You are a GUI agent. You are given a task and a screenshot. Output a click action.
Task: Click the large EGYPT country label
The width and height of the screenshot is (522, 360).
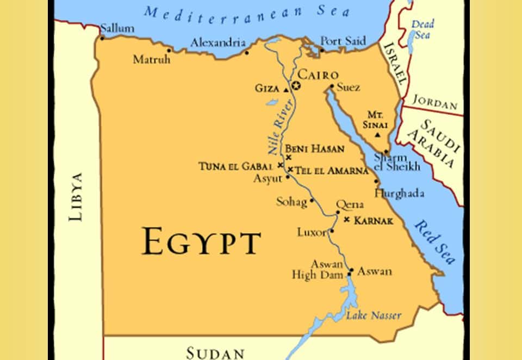click(x=201, y=241)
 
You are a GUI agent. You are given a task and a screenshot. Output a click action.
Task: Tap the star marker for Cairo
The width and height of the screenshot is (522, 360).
click(x=296, y=86)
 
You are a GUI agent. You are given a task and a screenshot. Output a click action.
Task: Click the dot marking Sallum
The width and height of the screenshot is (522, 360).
click(x=102, y=38)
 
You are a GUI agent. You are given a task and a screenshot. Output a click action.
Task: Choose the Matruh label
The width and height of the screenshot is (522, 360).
click(x=152, y=59)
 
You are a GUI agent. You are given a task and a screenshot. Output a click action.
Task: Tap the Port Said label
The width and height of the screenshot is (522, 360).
click(x=343, y=41)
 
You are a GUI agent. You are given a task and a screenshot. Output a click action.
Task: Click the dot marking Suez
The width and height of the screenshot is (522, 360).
click(x=331, y=86)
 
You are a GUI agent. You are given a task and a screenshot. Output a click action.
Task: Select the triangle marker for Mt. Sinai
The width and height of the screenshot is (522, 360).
click(x=378, y=134)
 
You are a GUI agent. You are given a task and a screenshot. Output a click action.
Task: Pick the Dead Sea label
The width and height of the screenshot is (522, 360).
click(x=422, y=29)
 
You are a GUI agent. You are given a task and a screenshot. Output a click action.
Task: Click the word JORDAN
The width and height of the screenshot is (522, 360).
click(x=434, y=101)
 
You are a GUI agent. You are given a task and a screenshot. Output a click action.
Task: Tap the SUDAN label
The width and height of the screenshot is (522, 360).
click(x=215, y=352)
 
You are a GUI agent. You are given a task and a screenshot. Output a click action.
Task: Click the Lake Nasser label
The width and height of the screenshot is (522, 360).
click(x=374, y=315)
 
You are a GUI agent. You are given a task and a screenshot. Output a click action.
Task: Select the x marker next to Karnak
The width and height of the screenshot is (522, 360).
click(x=347, y=220)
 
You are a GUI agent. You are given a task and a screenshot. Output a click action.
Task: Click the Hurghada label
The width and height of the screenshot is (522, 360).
click(x=399, y=193)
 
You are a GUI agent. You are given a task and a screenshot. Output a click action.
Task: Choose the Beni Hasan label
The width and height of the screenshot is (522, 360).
click(x=314, y=148)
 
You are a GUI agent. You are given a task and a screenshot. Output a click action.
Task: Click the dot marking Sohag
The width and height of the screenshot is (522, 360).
click(x=312, y=201)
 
